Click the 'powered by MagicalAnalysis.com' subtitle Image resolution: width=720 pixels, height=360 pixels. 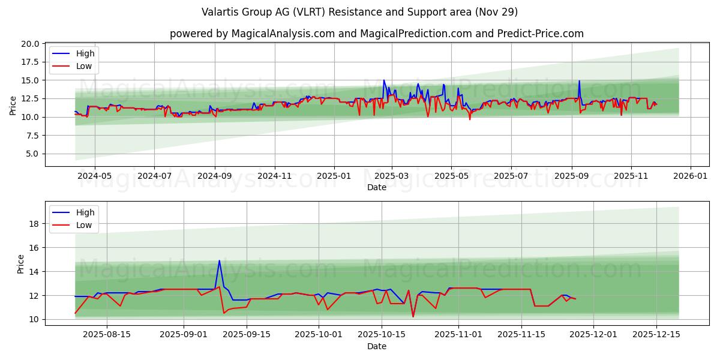point(377,34)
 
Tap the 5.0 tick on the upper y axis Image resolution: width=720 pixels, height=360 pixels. point(33,154)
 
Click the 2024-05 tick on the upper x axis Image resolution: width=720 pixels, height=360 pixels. point(94,176)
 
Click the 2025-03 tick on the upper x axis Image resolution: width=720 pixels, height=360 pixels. point(392,176)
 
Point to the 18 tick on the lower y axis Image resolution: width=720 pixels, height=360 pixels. point(35,224)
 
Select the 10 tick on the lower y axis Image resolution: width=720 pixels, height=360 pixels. point(35,319)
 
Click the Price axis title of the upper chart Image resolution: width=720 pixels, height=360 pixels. point(13,104)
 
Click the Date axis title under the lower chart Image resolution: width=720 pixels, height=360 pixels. point(377,346)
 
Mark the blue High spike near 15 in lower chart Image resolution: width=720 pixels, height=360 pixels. point(220,260)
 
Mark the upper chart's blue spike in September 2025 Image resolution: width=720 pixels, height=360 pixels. point(579,81)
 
